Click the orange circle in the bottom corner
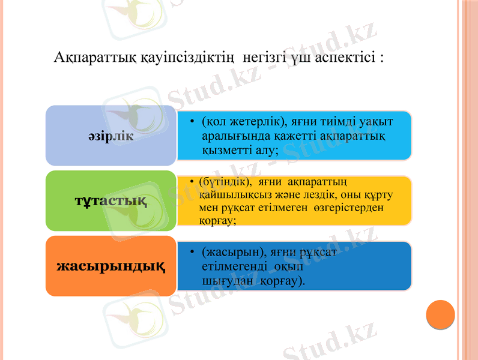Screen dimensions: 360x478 point(440,314)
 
